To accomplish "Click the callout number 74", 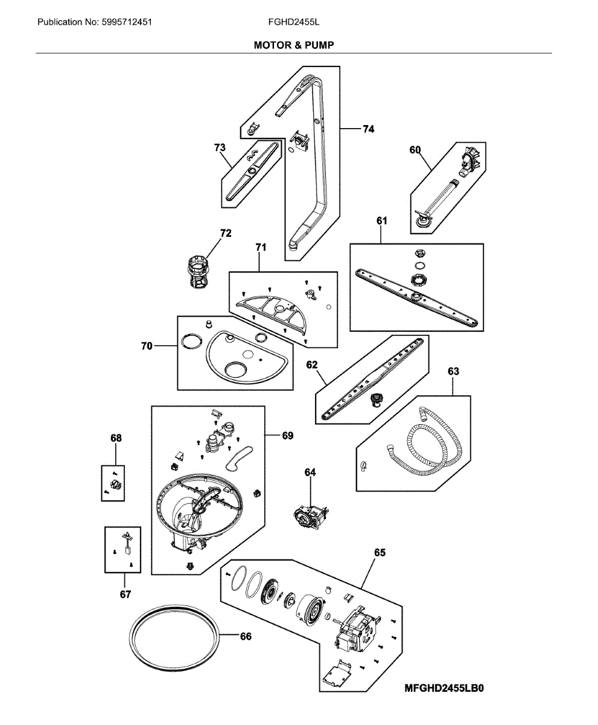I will tap(368, 129).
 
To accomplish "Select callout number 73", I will tap(220, 147).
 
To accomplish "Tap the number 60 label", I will tap(415, 150).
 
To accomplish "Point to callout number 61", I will tap(381, 221).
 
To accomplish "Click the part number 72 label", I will tap(226, 233).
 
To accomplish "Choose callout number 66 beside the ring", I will tap(246, 636).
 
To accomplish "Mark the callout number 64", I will tap(310, 472).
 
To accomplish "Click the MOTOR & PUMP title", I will tap(294, 45).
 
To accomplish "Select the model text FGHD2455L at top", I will tap(294, 22).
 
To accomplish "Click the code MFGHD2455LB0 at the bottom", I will tap(445, 688).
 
